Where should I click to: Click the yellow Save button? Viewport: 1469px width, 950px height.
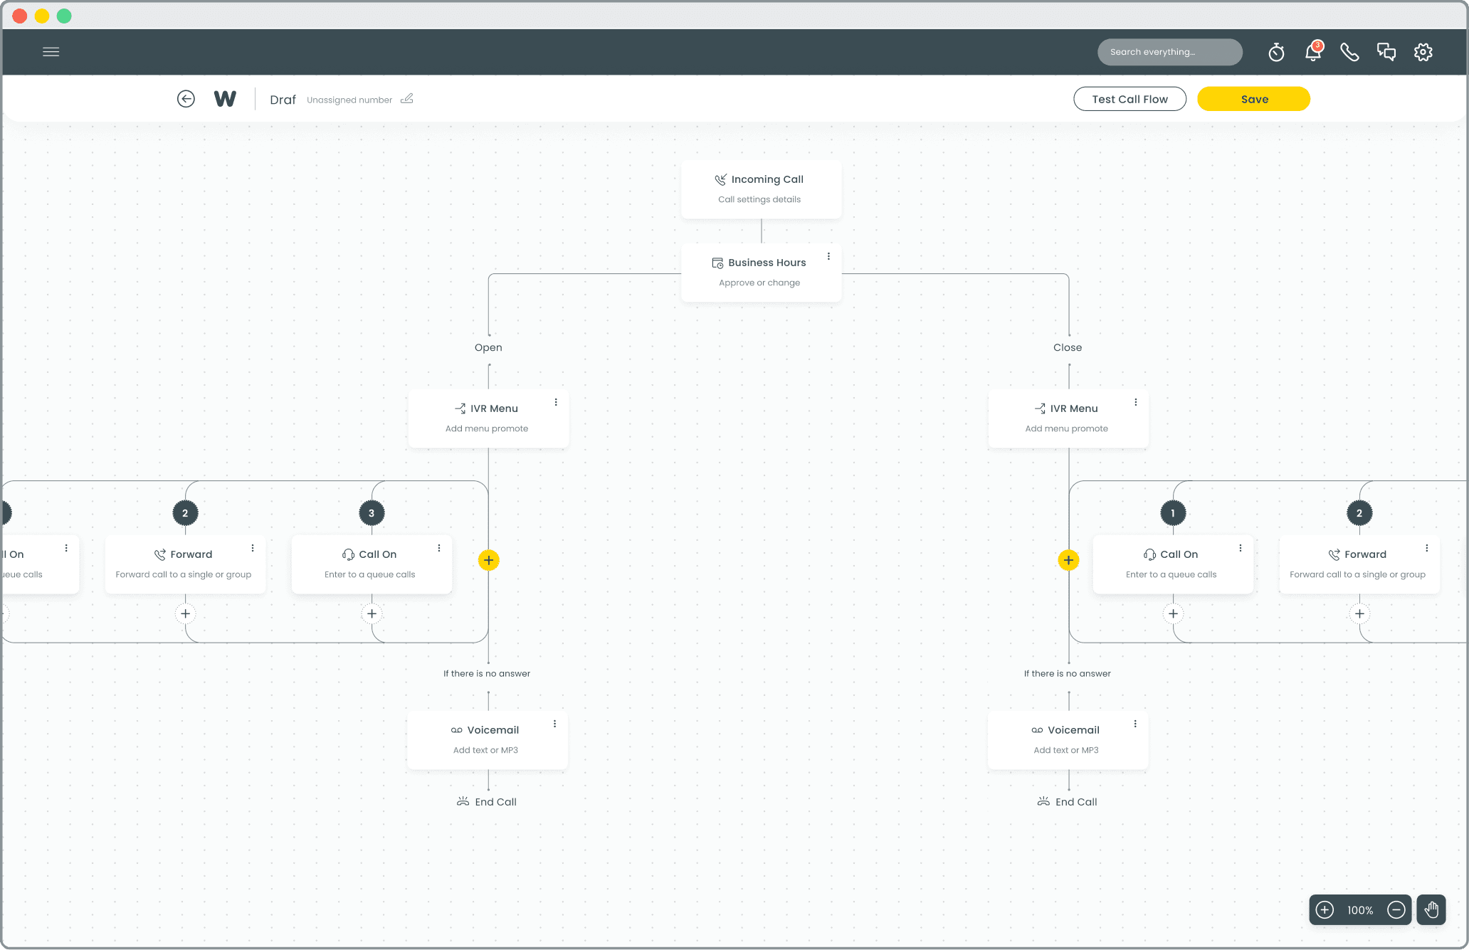tap(1253, 99)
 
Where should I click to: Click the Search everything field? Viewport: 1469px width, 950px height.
tap(1170, 52)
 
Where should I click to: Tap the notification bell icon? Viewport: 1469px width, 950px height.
tap(1313, 51)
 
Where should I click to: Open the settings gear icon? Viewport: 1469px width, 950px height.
tap(1423, 52)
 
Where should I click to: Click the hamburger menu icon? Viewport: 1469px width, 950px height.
tap(51, 52)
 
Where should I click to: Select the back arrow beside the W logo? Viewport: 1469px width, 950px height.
tap(186, 99)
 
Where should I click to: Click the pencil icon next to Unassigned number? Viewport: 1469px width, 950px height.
tap(407, 99)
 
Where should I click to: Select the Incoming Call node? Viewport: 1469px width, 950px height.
tap(761, 189)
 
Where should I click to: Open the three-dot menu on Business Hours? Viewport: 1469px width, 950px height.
tap(828, 256)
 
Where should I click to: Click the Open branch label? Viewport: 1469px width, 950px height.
tap(488, 347)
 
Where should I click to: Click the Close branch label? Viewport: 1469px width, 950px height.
tap(1068, 347)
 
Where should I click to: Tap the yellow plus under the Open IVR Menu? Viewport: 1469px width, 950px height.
tap(488, 560)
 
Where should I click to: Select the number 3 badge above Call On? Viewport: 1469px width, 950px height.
tap(372, 513)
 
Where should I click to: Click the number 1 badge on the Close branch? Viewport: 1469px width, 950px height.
tap(1173, 513)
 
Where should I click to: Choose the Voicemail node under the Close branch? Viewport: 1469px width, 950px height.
tap(1068, 740)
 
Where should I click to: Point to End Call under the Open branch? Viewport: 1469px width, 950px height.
tap(487, 802)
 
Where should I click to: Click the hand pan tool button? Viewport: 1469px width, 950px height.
tap(1431, 909)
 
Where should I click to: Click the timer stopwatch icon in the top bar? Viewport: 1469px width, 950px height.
tap(1276, 52)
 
